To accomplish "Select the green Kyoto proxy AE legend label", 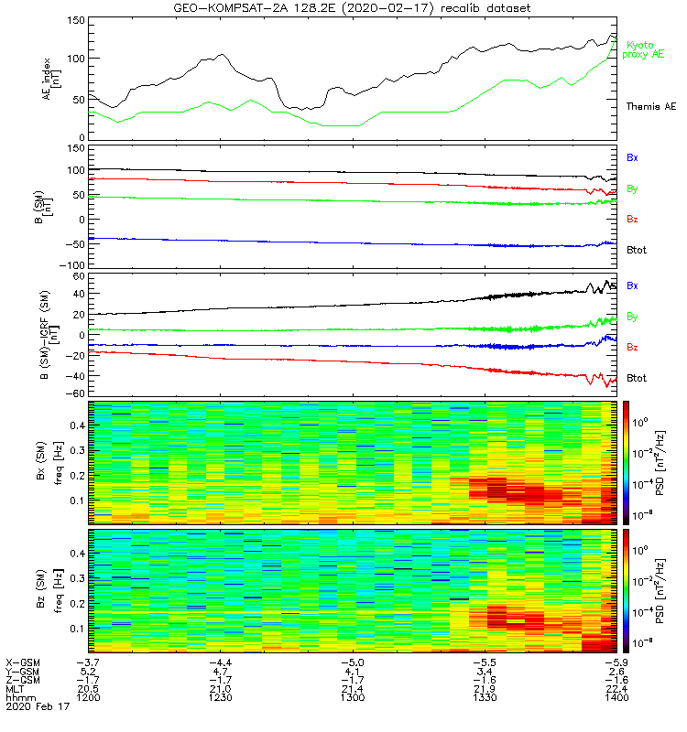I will [645, 49].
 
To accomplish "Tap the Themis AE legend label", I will [650, 107].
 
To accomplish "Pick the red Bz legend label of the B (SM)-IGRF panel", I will [633, 348].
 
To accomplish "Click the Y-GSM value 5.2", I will [88, 671].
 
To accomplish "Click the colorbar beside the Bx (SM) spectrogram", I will [627, 462].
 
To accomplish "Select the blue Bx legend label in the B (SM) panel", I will [633, 157].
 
